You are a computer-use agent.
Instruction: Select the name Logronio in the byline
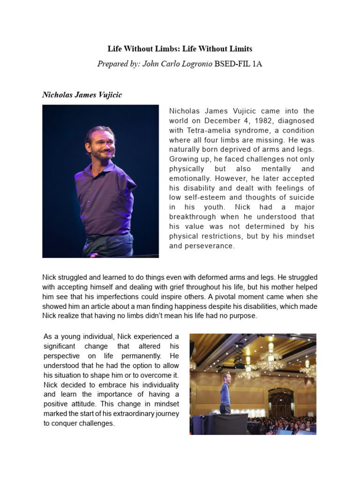193,64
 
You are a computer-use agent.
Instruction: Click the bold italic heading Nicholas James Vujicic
82,95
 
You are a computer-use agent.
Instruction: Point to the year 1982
246,120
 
